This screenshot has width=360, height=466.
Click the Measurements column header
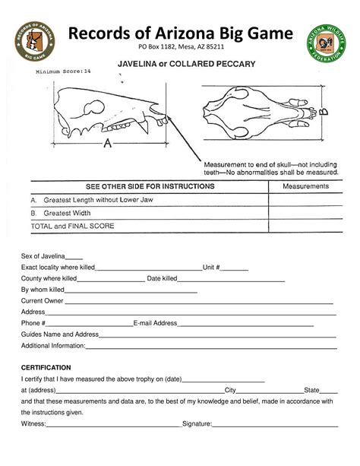point(302,187)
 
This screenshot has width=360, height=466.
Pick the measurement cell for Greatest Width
point(302,213)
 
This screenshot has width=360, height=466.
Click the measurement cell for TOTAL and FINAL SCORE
point(302,226)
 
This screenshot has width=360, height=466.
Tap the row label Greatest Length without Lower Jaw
point(99,200)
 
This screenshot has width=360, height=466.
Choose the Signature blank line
point(274,423)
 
